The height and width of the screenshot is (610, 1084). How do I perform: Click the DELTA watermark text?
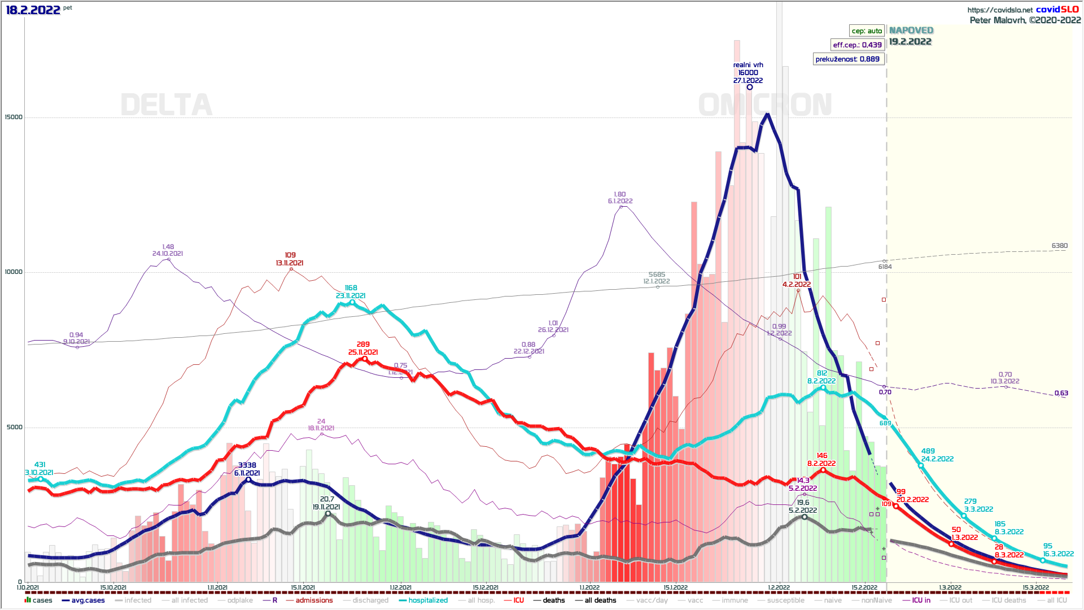pos(167,105)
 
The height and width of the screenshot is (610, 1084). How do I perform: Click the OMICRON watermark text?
pos(765,105)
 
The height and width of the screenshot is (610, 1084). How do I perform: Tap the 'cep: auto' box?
pos(867,31)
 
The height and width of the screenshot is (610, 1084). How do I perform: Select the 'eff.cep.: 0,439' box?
pos(857,45)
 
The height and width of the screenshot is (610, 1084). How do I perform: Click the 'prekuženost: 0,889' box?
pos(847,59)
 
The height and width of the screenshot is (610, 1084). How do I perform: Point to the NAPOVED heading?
pos(911,30)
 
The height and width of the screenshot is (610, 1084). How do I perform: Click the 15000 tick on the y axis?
pos(14,117)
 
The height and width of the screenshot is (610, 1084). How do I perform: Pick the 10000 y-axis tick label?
pos(14,272)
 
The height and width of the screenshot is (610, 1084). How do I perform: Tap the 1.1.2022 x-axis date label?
pos(589,588)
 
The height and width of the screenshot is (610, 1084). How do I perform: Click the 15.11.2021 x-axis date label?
pos(303,588)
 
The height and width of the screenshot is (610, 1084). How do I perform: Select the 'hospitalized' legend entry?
pos(427,600)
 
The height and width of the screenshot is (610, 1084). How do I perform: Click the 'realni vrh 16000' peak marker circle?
pos(750,87)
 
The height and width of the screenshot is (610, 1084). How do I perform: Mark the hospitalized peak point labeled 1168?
pos(352,302)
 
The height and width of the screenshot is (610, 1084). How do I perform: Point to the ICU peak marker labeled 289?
pos(364,359)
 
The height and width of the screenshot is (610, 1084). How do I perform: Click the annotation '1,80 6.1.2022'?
pos(620,198)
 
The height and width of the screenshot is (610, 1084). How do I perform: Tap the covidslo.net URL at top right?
pos(1000,10)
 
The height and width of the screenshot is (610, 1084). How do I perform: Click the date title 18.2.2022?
pos(33,10)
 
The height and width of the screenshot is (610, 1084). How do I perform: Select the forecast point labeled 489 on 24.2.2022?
pos(921,465)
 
